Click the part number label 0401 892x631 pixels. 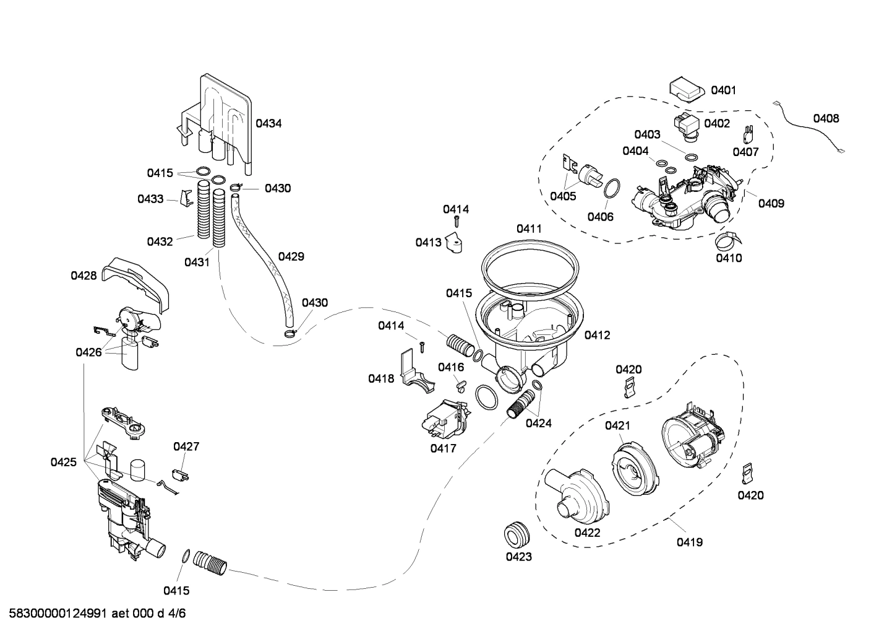coord(723,90)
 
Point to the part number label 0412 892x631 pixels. coord(597,335)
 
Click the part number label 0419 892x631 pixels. coord(689,542)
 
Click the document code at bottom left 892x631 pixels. coord(93,614)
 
